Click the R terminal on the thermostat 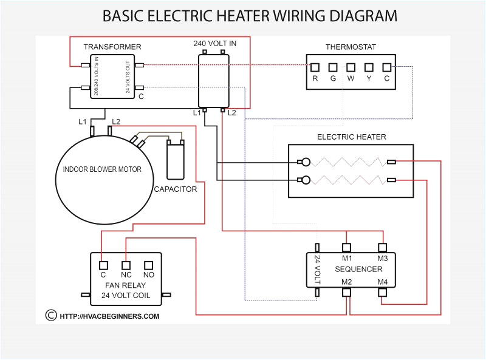(x=315, y=67)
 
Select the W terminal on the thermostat (x=351, y=67)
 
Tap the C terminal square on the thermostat (x=386, y=67)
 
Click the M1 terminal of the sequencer (x=347, y=247)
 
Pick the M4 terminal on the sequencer (x=382, y=292)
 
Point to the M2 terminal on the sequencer (x=347, y=292)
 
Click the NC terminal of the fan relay (x=126, y=265)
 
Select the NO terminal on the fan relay (x=148, y=265)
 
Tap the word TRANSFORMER (x=112, y=47)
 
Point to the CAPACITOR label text (x=175, y=189)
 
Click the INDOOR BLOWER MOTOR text (x=102, y=169)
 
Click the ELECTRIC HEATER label (x=351, y=137)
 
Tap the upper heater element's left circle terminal (x=306, y=162)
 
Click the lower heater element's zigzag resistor (x=346, y=180)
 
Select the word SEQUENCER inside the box (x=358, y=269)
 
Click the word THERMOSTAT (x=351, y=47)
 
